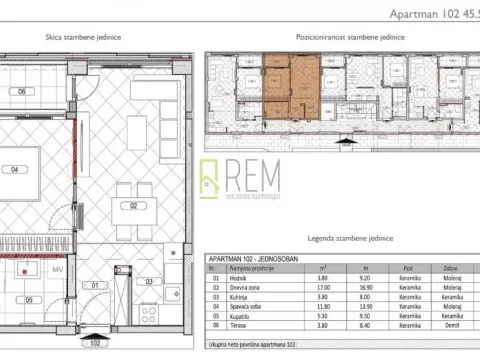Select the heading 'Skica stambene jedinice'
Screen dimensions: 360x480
point(84,36)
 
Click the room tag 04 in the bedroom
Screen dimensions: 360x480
point(15,169)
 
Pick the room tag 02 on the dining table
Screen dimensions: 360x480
point(131,206)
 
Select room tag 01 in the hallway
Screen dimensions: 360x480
point(95,284)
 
